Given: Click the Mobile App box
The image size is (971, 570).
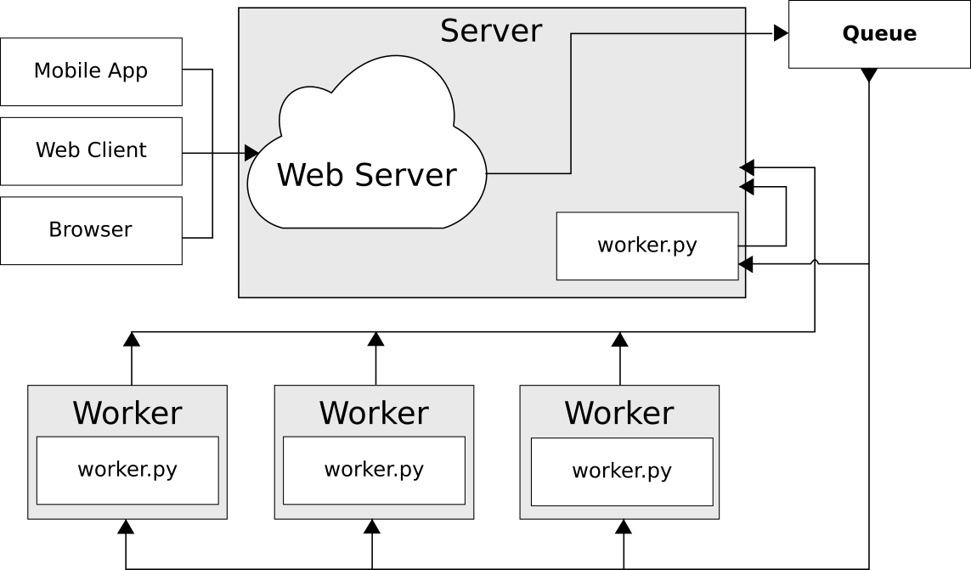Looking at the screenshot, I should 91,71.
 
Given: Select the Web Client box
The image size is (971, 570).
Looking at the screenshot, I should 91,150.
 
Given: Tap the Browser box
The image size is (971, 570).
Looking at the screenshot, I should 91,230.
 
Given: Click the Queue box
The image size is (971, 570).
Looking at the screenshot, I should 879,34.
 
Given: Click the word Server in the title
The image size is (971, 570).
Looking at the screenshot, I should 491,31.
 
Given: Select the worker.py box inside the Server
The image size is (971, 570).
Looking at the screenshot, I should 647,245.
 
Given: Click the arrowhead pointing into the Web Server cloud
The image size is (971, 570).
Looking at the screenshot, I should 251,153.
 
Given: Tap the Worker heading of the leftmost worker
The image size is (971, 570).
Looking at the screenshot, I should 127,413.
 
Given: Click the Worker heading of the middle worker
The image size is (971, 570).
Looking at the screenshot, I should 374,413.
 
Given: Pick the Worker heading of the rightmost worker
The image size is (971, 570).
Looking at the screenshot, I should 619,413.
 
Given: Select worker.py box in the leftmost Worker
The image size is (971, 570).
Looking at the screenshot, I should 127,470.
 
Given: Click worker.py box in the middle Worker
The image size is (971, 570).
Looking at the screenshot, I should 374,470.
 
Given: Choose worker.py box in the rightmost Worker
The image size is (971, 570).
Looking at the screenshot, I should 622,471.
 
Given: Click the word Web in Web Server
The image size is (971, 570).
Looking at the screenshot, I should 308,175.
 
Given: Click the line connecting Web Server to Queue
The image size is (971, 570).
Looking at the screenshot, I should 571,102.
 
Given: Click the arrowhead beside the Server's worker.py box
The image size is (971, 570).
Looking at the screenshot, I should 742,265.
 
